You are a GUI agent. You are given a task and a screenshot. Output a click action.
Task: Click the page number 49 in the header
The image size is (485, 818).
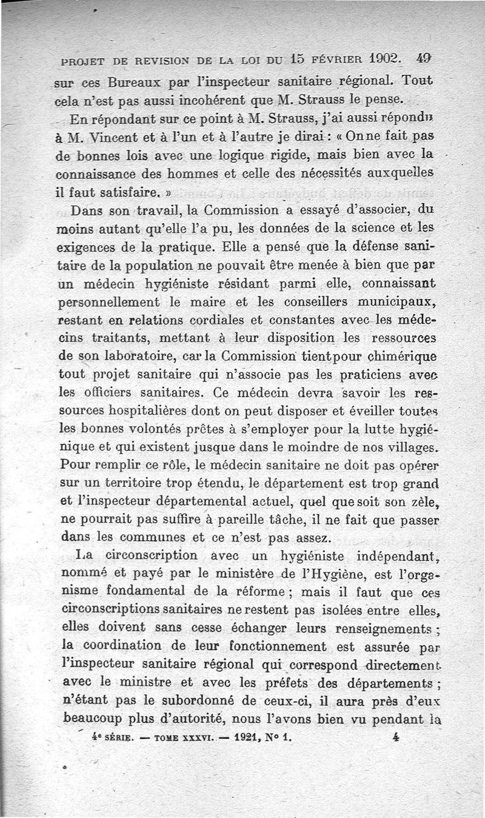point(424,60)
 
